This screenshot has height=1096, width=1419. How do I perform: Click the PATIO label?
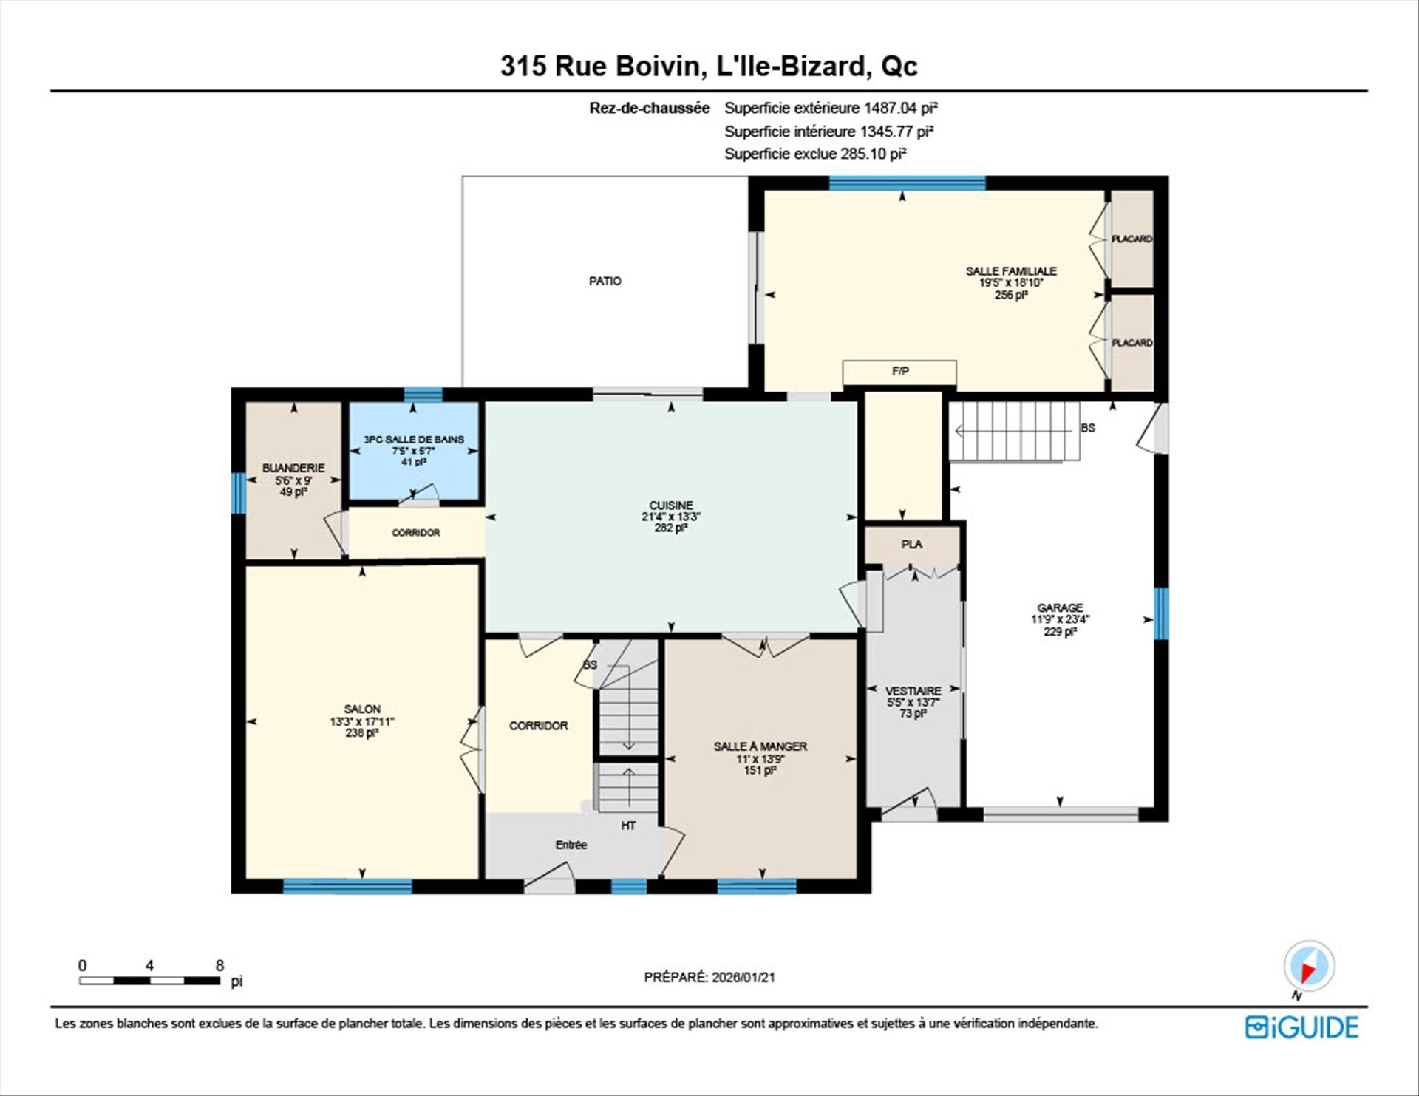[x=605, y=281]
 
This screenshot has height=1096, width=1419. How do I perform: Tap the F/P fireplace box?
[x=899, y=372]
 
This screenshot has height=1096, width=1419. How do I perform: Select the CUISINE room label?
[x=671, y=506]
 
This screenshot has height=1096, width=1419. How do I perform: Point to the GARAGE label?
[x=1060, y=607]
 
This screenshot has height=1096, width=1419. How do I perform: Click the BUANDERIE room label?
[x=293, y=468]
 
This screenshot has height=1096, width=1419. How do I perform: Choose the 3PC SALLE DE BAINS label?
[x=414, y=439]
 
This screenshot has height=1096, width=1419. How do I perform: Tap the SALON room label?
[x=362, y=709]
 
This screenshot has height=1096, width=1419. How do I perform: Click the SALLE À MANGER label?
[x=760, y=746]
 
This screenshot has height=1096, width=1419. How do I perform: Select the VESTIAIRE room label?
[x=913, y=691]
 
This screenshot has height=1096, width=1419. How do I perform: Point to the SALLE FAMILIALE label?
[x=1011, y=271]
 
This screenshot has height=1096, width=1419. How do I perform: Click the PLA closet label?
[x=911, y=544]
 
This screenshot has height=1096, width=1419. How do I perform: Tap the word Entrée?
[x=571, y=845]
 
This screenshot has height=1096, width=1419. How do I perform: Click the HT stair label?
[x=628, y=826]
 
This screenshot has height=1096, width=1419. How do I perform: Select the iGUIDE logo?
[x=1301, y=1027]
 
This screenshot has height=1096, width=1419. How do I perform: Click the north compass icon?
[x=1309, y=966]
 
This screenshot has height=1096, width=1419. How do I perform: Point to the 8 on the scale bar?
[x=220, y=965]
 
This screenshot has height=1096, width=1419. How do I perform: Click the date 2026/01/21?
[x=743, y=977]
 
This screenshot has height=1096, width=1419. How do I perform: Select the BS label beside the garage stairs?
[x=1088, y=428]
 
